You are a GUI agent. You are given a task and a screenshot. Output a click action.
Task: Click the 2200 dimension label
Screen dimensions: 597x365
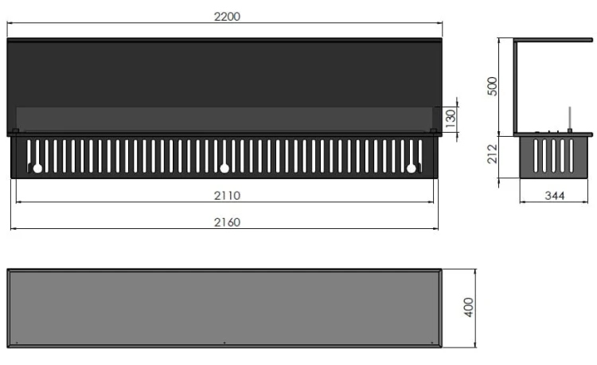227,17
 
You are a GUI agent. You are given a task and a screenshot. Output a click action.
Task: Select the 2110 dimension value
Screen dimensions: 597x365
227,196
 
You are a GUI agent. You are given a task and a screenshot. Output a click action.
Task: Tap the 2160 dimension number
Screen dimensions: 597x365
227,223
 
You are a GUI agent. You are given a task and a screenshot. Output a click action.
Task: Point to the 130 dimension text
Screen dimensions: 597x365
451,118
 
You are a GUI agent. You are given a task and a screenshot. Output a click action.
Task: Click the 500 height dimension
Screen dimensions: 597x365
492,87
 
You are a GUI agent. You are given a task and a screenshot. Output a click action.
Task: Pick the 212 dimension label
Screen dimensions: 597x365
492,153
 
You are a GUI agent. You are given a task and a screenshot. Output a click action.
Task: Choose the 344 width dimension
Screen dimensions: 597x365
554,196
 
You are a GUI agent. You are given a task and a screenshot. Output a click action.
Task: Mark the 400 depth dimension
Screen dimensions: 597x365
469,307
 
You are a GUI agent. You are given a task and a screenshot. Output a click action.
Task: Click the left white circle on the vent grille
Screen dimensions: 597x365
37,168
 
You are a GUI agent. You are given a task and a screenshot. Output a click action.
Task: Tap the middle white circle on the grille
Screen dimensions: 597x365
224,168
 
